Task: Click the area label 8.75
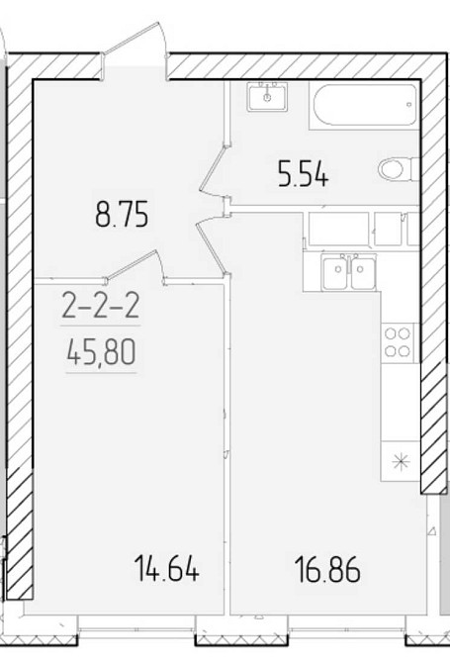122,216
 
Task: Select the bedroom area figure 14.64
166,569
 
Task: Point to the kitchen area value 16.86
328,569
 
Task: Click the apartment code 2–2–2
101,307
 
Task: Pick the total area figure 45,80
101,353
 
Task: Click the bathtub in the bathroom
364,105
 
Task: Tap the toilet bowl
395,170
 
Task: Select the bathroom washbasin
267,97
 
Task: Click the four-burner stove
398,342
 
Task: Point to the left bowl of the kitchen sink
336,273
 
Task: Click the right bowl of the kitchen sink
363,273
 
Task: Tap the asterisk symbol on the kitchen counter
401,462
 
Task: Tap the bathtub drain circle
408,104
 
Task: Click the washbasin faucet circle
267,98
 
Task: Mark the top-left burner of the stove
391,334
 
